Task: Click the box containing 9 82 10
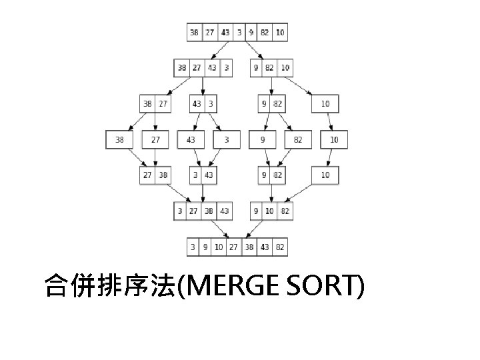271,67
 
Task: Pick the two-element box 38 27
155,103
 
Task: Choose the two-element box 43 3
203,103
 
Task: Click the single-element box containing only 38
119,139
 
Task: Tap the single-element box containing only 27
155,139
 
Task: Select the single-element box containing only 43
191,139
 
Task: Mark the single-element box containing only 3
226,139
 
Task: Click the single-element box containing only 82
298,139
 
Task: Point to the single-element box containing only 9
263,139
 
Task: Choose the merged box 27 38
155,175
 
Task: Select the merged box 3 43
203,175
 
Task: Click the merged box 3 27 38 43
203,211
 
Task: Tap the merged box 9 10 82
271,211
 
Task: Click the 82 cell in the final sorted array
280,247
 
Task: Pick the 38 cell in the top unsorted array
194,31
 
